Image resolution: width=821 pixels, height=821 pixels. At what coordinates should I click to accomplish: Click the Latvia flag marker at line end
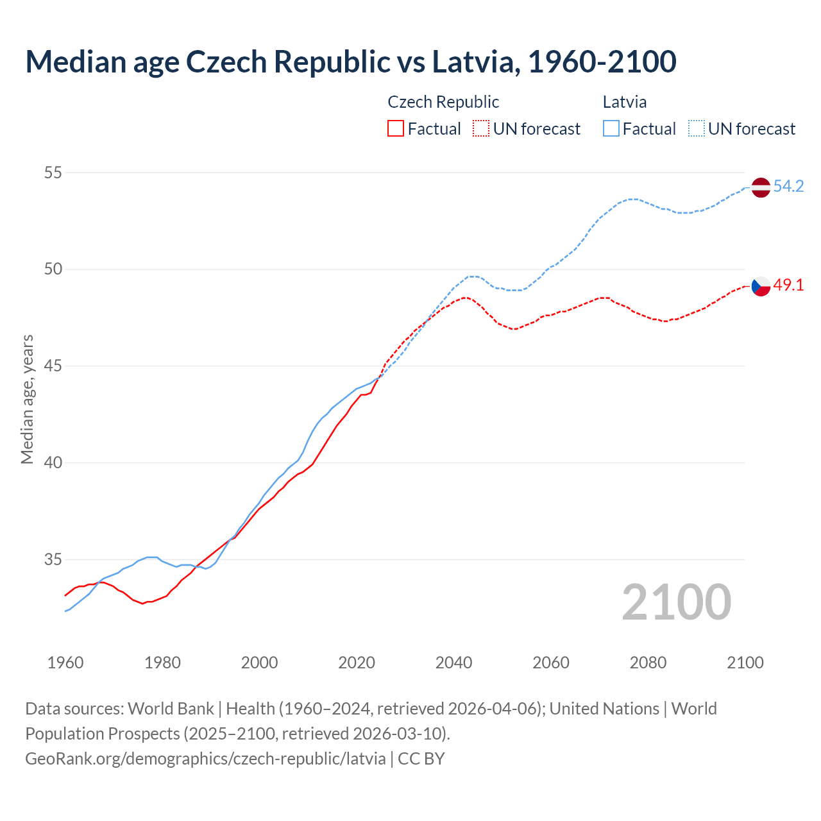click(x=761, y=187)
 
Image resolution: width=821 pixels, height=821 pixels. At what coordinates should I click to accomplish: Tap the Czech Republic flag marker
click(x=761, y=286)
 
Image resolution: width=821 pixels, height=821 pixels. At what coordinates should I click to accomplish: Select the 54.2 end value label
click(x=788, y=187)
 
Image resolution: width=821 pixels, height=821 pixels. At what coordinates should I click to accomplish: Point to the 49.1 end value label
click(x=788, y=285)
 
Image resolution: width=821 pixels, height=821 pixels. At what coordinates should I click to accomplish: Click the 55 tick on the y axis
click(x=53, y=173)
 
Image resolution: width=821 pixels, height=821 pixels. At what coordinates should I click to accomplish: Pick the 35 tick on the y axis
click(x=53, y=559)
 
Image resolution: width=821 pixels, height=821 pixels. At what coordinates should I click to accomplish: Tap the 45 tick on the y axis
click(x=53, y=366)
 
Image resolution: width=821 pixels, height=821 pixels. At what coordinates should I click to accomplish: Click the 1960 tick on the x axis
click(x=65, y=663)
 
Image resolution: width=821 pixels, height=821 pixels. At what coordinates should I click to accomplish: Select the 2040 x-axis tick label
click(x=453, y=663)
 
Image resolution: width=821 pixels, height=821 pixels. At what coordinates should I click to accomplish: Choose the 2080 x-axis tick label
click(x=648, y=663)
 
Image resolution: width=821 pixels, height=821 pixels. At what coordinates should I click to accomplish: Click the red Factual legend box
click(x=396, y=129)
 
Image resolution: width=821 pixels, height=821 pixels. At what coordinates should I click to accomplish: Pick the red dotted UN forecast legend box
click(x=481, y=129)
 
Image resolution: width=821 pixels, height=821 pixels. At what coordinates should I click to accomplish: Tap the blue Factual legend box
click(x=611, y=129)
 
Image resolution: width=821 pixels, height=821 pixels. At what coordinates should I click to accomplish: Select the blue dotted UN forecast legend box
click(x=697, y=129)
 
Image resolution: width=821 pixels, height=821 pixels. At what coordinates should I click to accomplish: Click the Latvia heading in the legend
click(x=625, y=102)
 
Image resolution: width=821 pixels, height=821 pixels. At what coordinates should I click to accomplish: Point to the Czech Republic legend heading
click(x=443, y=102)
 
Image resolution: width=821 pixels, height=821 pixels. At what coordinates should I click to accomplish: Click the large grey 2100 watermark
click(x=676, y=602)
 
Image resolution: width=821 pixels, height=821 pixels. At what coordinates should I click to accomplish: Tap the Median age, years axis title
click(x=27, y=399)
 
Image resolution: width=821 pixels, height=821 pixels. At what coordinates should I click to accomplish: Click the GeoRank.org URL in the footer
click(x=205, y=758)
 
